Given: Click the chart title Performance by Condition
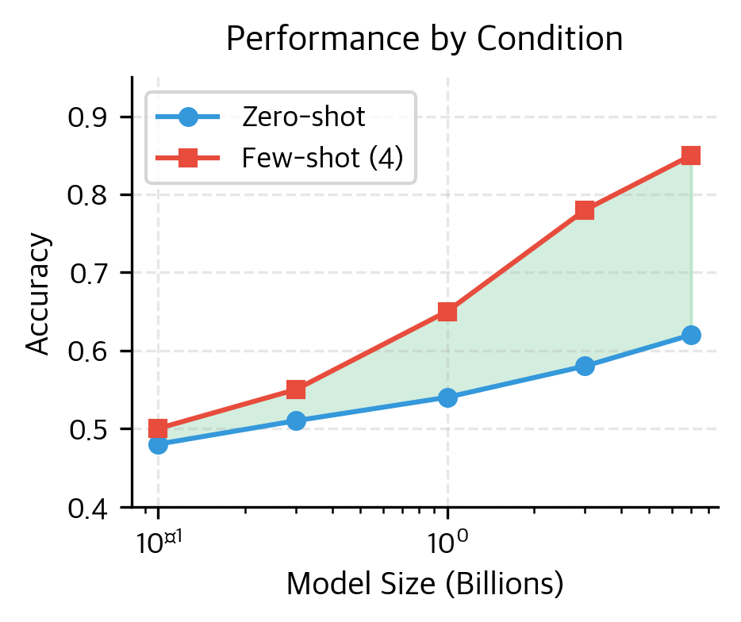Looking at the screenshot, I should pyautogui.click(x=424, y=39).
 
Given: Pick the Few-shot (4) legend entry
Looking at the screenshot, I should pyautogui.click(x=322, y=159).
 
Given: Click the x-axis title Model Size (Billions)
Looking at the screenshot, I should pyautogui.click(x=424, y=584).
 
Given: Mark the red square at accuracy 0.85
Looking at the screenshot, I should pyautogui.click(x=691, y=155).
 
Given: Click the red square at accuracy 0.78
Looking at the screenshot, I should pyautogui.click(x=585, y=210).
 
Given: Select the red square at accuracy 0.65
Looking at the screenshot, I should pyautogui.click(x=447, y=312).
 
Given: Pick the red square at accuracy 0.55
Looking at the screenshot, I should pyautogui.click(x=296, y=390).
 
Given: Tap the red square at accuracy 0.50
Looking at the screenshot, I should pyautogui.click(x=158, y=428).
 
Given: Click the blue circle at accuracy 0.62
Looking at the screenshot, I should pyautogui.click(x=691, y=335).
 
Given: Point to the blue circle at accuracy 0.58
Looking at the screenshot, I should pyautogui.click(x=585, y=366).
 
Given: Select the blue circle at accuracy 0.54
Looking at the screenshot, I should pyautogui.click(x=447, y=397).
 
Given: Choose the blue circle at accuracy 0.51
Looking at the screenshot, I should pyautogui.click(x=296, y=420).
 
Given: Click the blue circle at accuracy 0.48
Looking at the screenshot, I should pyautogui.click(x=158, y=444).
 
